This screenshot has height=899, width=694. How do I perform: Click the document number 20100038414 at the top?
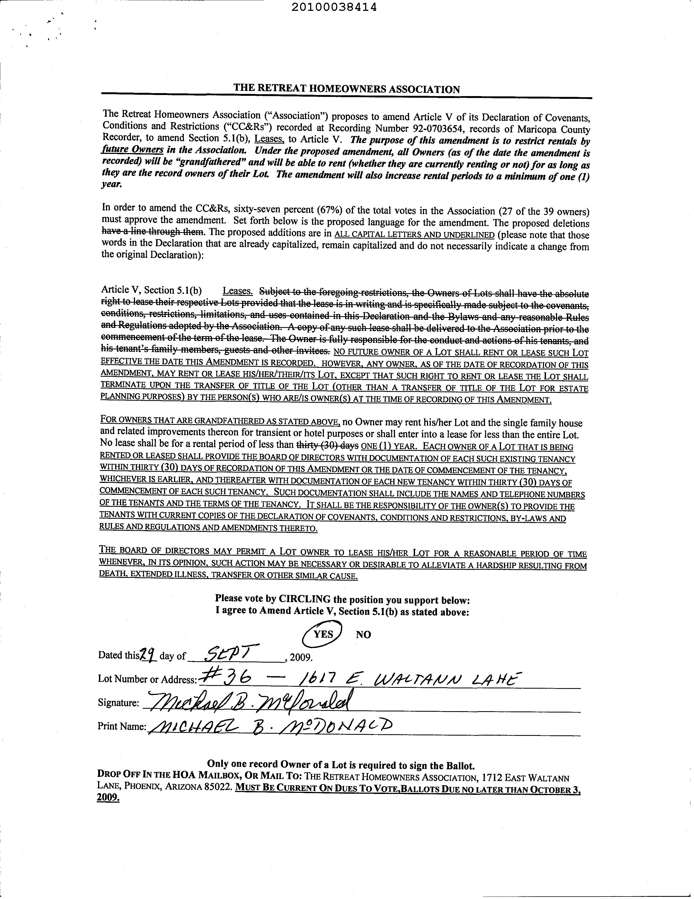334,7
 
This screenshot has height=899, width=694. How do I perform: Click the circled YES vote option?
323,634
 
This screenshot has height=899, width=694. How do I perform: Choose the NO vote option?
364,634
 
